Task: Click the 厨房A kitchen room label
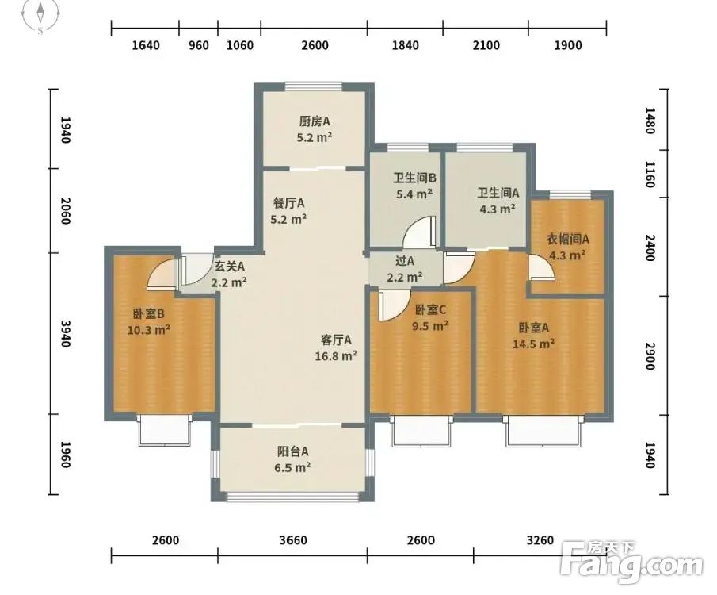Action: pyautogui.click(x=315, y=121)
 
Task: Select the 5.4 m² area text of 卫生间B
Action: pyautogui.click(x=414, y=194)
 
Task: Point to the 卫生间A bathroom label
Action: pyautogui.click(x=498, y=193)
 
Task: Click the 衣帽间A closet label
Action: pyautogui.click(x=568, y=239)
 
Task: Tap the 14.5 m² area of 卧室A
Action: pyautogui.click(x=534, y=344)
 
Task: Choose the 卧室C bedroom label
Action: pyautogui.click(x=430, y=310)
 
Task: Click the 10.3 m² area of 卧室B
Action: pyautogui.click(x=149, y=330)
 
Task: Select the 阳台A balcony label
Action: pyautogui.click(x=292, y=451)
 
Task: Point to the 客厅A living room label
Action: pyautogui.click(x=336, y=340)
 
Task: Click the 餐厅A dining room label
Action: pyautogui.click(x=288, y=203)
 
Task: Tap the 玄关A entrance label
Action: pyautogui.click(x=230, y=266)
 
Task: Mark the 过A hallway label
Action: pyautogui.click(x=405, y=261)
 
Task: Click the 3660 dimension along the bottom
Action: pyautogui.click(x=293, y=540)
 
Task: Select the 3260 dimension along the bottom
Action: pyautogui.click(x=540, y=540)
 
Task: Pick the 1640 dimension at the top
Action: pyautogui.click(x=146, y=45)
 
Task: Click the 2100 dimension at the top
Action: pyautogui.click(x=486, y=45)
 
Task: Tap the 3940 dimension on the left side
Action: pyautogui.click(x=66, y=333)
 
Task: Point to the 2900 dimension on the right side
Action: pyautogui.click(x=650, y=355)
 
